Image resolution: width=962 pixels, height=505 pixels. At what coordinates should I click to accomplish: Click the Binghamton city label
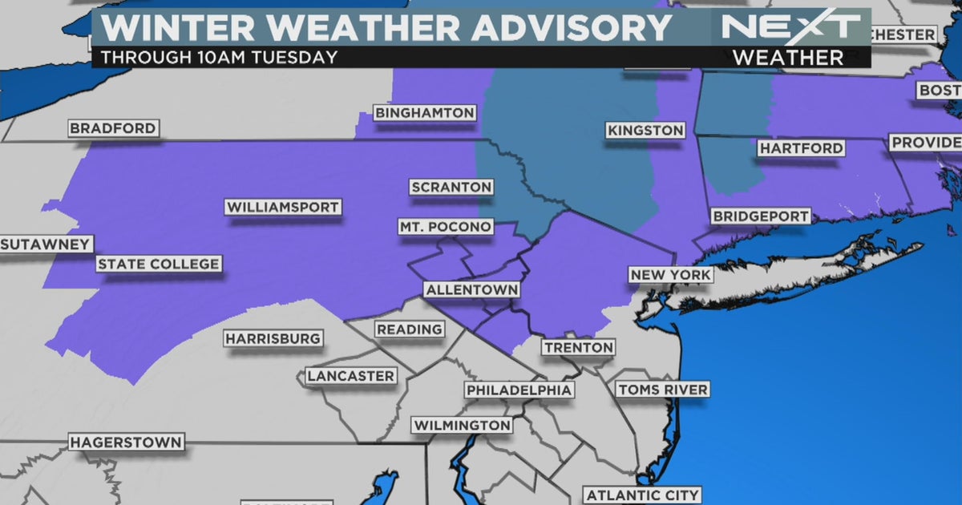(x=425, y=113)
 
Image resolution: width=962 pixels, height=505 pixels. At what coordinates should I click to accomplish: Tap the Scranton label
(x=451, y=187)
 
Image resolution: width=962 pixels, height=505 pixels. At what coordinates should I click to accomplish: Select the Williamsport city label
(x=283, y=208)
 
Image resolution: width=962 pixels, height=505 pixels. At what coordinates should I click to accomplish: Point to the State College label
(x=158, y=265)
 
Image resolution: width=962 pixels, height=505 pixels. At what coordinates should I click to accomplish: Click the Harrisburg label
(x=273, y=339)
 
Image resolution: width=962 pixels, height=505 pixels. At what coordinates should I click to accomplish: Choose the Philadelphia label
(x=519, y=390)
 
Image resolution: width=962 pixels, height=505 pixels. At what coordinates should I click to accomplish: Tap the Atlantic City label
(x=641, y=495)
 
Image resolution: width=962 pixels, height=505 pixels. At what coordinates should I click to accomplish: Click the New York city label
(x=670, y=276)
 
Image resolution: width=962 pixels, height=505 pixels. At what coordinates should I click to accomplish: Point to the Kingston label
(x=645, y=130)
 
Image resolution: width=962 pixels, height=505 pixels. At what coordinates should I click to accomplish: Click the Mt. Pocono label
(x=445, y=228)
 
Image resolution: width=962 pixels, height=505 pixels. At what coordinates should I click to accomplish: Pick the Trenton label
(x=578, y=348)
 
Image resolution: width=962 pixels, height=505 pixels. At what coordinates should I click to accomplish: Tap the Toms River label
(x=662, y=390)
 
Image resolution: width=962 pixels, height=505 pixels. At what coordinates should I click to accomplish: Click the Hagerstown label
(x=126, y=442)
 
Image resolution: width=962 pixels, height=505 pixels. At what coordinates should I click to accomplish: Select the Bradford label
(x=112, y=128)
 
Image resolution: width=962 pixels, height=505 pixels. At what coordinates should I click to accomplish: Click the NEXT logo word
(x=790, y=26)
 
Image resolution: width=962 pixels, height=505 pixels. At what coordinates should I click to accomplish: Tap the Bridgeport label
(x=760, y=216)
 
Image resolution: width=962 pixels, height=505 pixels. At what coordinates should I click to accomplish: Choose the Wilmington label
(x=461, y=425)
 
